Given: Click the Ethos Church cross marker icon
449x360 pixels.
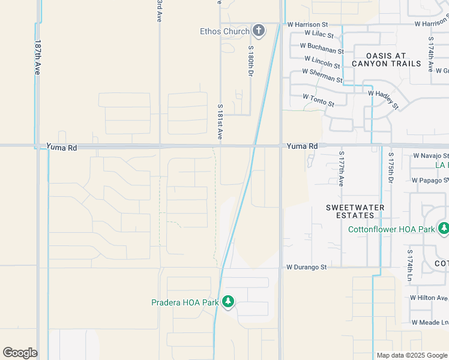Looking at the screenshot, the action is pos(259,31).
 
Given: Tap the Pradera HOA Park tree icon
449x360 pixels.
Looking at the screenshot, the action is pos(228,302).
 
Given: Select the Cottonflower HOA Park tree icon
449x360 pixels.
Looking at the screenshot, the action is pos(444,229).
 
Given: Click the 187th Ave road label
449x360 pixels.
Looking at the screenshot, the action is pos(38,58).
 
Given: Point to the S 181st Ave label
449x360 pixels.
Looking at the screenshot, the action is pos(220,122).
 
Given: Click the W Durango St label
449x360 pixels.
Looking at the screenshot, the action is pos(306,266).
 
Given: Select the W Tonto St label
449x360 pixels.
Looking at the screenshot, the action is pos(318,100).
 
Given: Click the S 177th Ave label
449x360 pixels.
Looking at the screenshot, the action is pos(341,169).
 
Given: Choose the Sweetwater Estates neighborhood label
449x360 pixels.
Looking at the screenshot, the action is pos(355,211).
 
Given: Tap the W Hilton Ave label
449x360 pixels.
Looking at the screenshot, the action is pos(429,298).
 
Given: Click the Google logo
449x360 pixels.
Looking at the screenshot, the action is pos(20,352).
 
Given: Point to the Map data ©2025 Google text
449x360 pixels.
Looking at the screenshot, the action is pos(411,355).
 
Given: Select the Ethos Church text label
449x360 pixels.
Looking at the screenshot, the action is pos(224,31).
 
